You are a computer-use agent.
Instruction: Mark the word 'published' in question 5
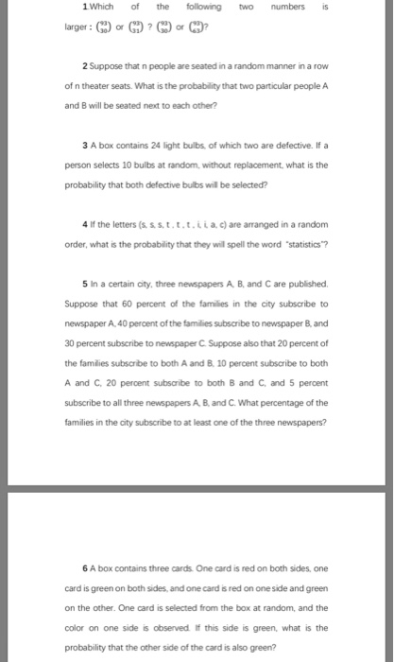304,282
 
